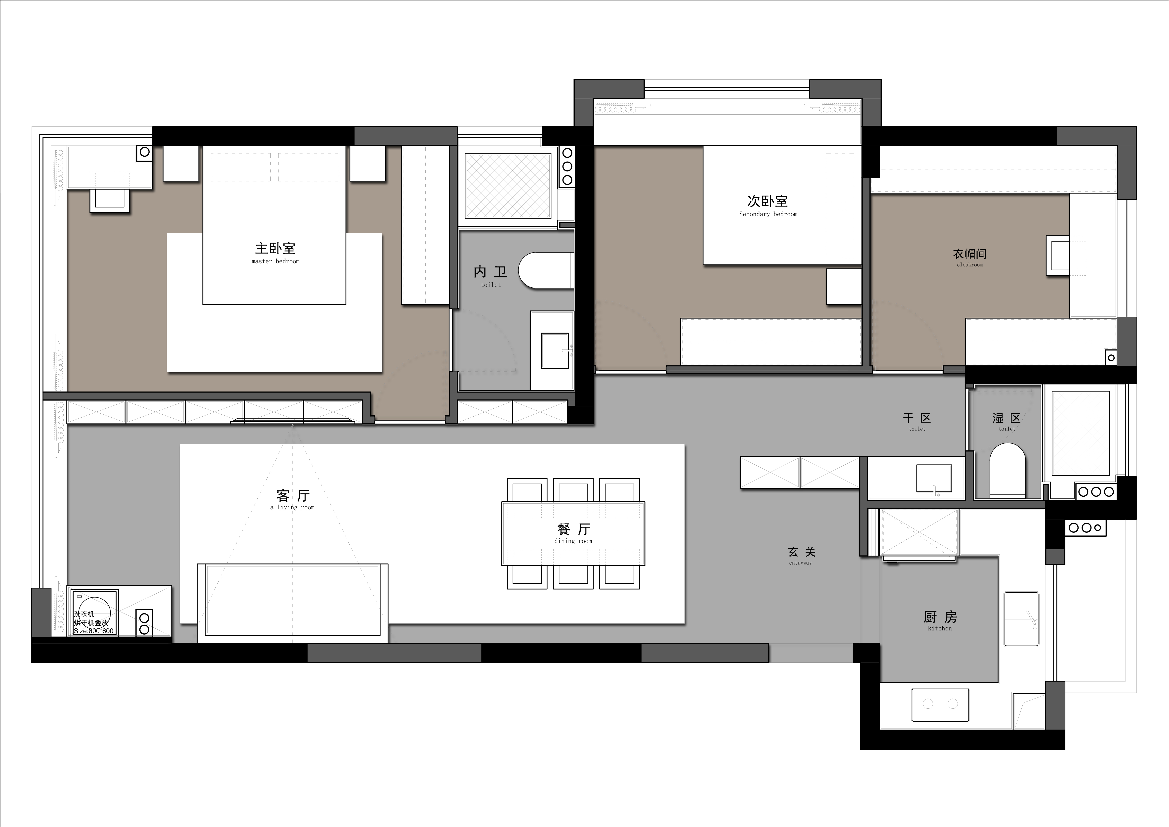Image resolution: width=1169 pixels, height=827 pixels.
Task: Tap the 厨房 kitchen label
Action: pos(940,621)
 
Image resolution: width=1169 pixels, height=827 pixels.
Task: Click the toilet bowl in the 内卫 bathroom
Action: pos(546,270)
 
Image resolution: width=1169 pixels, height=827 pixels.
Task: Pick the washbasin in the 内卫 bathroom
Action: pos(555,350)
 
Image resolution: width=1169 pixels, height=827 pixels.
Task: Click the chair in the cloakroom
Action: pos(1058,256)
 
